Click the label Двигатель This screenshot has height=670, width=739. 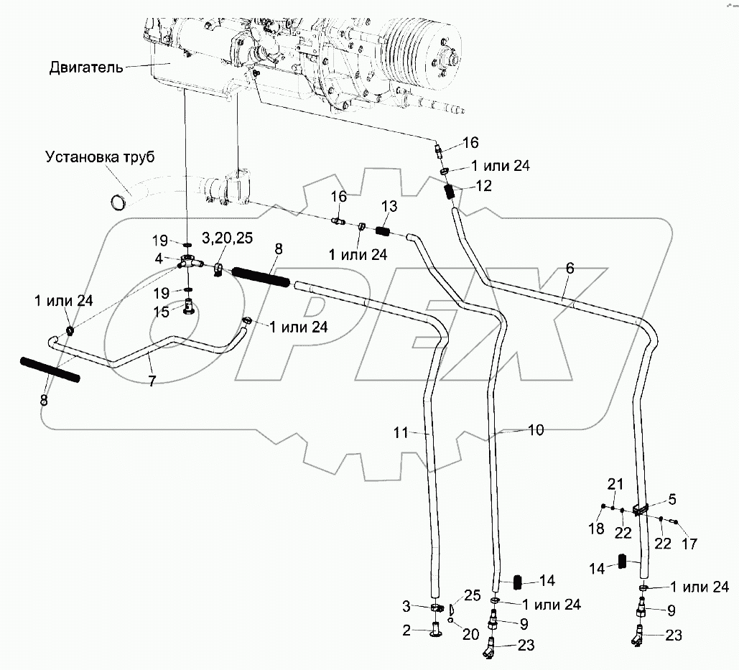tap(86, 68)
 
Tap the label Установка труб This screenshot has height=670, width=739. tap(100, 157)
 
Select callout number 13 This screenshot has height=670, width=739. tap(389, 206)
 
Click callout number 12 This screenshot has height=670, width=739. tap(483, 186)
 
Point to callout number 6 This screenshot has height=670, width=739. tap(570, 268)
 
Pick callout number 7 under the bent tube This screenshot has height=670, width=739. tap(152, 381)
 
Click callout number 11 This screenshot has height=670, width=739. tap(401, 432)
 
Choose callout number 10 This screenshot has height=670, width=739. tap(536, 429)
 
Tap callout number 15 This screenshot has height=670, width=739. tap(161, 312)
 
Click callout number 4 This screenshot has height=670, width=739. tap(159, 259)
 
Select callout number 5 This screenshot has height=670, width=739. tap(672, 499)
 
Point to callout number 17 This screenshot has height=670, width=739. tap(689, 544)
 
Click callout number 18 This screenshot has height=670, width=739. tap(596, 529)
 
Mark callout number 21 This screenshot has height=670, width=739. tap(615, 484)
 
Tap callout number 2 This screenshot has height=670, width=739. tap(406, 631)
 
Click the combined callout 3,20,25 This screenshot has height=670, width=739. tap(227, 238)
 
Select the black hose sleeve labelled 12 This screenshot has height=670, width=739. tap(451, 192)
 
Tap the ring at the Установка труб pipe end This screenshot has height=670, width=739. tap(117, 203)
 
